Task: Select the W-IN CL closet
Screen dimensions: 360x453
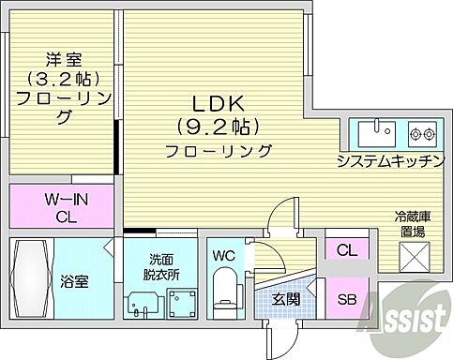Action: pos(61,206)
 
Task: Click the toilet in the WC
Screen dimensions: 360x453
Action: pos(225,288)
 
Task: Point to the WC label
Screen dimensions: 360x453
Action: pos(224,255)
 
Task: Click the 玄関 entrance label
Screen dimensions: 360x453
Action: pos(285,300)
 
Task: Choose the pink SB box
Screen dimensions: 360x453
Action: pos(348,300)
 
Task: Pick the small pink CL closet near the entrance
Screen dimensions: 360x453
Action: pos(347,250)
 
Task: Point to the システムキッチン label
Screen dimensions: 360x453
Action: pos(390,161)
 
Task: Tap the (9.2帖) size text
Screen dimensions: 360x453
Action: pos(216,125)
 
